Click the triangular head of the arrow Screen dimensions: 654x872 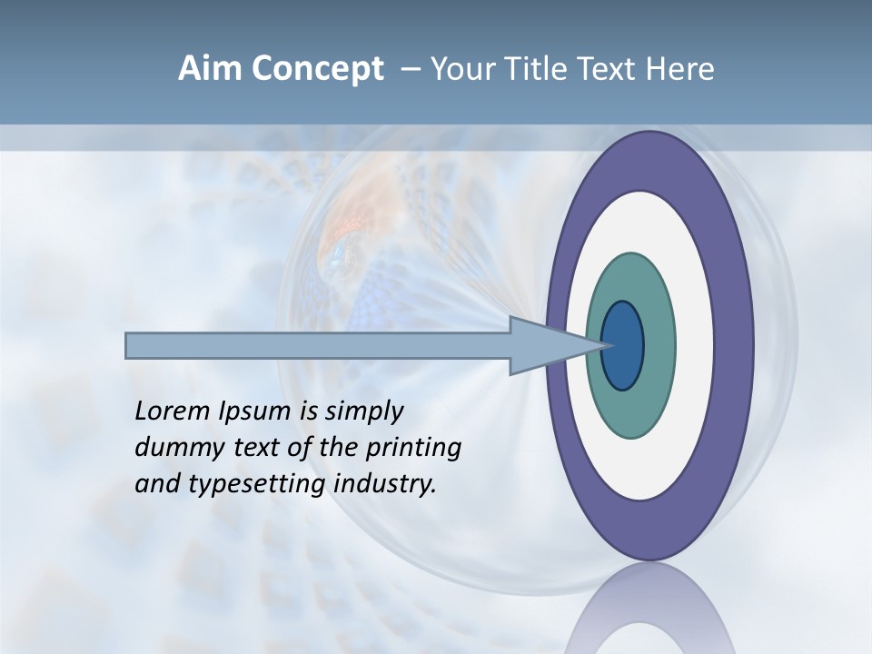[x=545, y=346]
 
